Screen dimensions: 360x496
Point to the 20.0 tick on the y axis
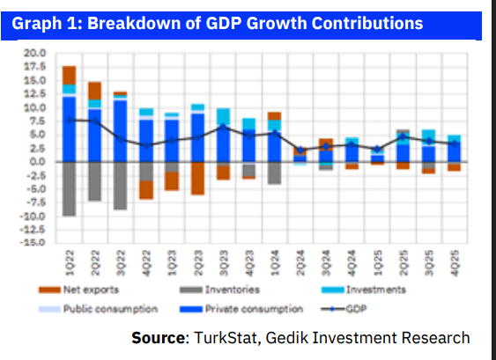(x=33, y=54)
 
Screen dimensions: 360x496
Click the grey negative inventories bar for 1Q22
(x=69, y=188)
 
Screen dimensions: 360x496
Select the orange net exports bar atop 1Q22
(x=69, y=75)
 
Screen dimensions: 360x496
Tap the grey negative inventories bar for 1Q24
(x=274, y=173)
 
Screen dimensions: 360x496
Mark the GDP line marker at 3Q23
(x=223, y=126)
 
